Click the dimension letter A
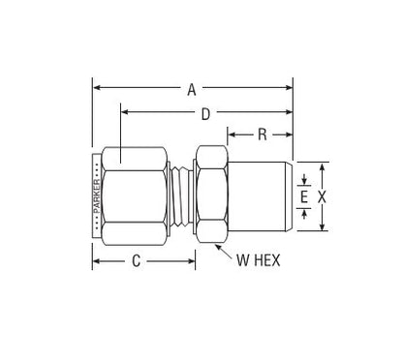[x=192, y=90]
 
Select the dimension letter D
[x=205, y=114]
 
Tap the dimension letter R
[x=263, y=135]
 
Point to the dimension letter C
[x=137, y=260]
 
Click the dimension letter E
[x=304, y=196]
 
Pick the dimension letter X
[x=322, y=196]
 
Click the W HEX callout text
[x=259, y=260]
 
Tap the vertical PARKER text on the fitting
[x=97, y=196]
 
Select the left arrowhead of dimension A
[x=96, y=88]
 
